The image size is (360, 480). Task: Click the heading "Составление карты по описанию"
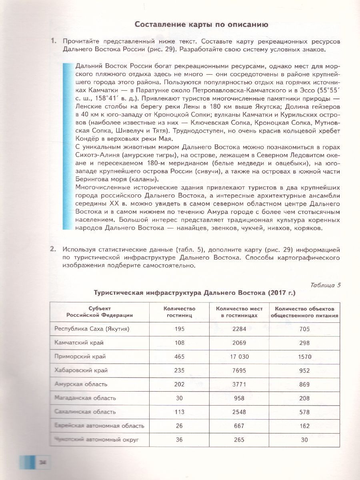pyautogui.click(x=201, y=24)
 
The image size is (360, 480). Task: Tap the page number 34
pyautogui.click(x=42, y=462)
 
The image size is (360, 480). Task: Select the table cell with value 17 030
pyautogui.click(x=239, y=356)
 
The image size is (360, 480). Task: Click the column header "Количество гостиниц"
pyautogui.click(x=179, y=312)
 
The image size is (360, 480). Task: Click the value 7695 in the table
pyautogui.click(x=239, y=370)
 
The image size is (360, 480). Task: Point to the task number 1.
pyautogui.click(x=52, y=41)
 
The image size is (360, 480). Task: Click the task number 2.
pyautogui.click(x=52, y=249)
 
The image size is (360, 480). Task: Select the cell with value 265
pyautogui.click(x=239, y=440)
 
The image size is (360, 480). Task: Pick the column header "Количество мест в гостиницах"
pyautogui.click(x=239, y=312)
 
